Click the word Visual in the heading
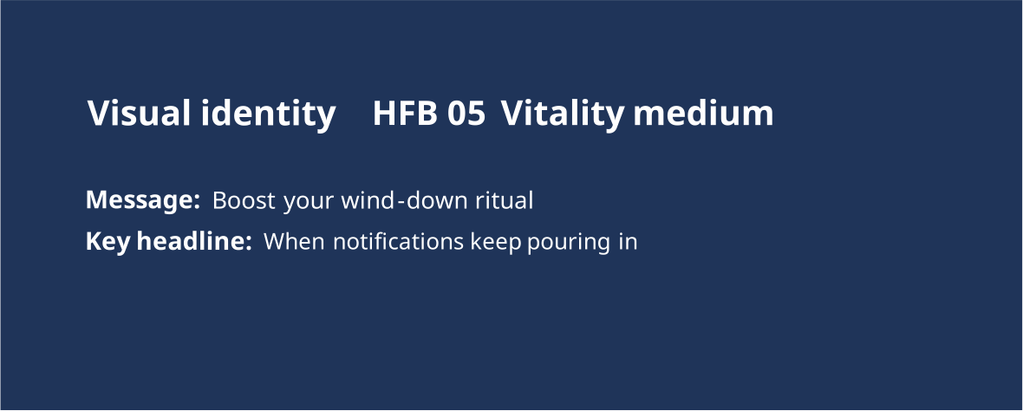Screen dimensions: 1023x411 point(140,113)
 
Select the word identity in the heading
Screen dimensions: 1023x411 point(268,114)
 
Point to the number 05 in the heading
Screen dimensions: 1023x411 point(466,114)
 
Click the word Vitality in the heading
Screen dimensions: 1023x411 point(563,114)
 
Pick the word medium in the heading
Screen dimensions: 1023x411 point(703,113)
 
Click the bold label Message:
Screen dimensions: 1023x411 point(142,200)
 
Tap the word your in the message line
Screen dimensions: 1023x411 point(309,202)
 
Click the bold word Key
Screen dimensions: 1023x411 point(108,243)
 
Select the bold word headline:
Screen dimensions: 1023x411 point(194,241)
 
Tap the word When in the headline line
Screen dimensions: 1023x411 point(294,241)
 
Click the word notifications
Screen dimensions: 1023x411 point(398,241)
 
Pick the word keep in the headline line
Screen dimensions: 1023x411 point(496,243)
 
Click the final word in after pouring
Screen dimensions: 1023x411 point(626,241)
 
